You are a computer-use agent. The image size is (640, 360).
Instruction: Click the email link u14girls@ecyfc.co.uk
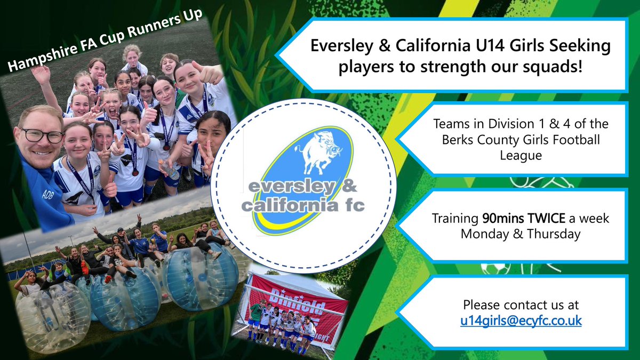pos(521,321)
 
